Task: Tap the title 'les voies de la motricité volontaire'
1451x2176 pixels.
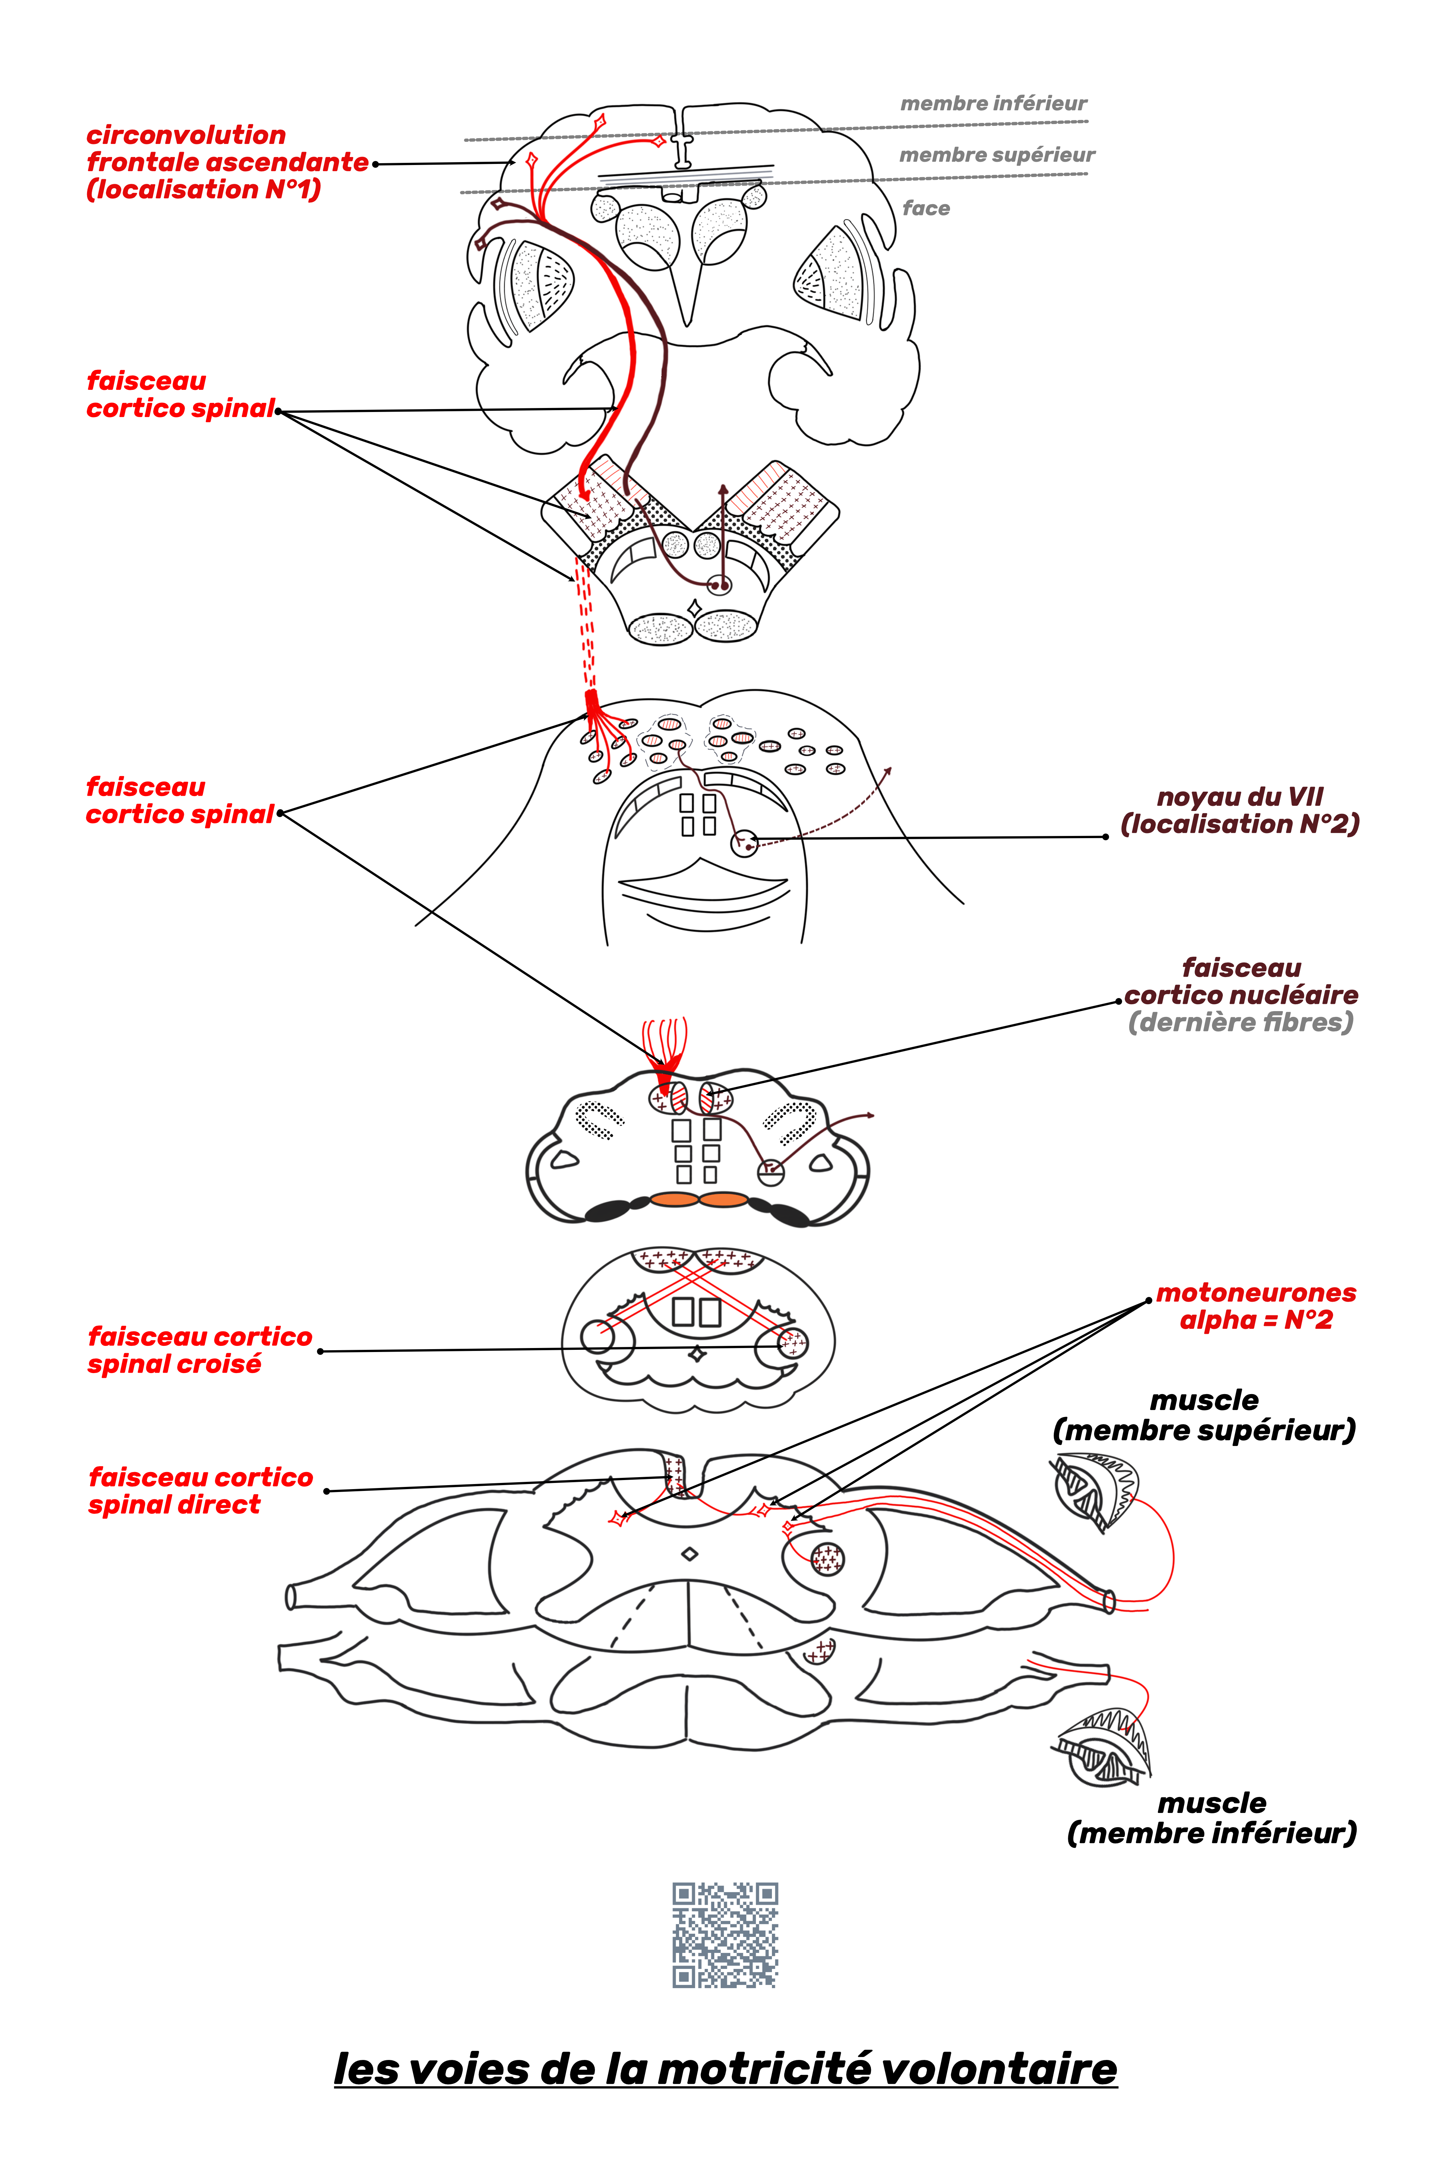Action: (x=725, y=2069)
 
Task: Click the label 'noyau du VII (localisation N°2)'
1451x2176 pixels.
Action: (x=1240, y=811)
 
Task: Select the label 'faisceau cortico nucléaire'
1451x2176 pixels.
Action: (x=1241, y=982)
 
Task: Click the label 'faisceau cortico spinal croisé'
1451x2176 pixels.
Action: (x=200, y=1350)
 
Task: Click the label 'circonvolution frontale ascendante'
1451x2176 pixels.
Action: (x=227, y=162)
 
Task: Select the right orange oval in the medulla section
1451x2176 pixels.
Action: (x=724, y=1200)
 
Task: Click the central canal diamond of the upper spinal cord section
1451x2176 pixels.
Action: (x=690, y=1554)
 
